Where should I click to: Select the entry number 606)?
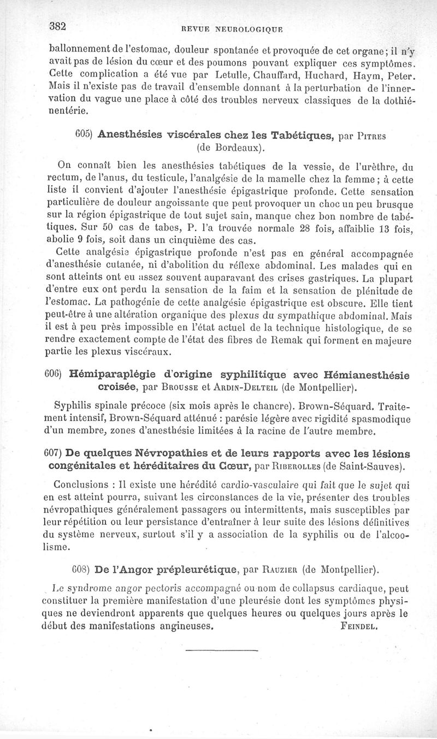tap(54, 374)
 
